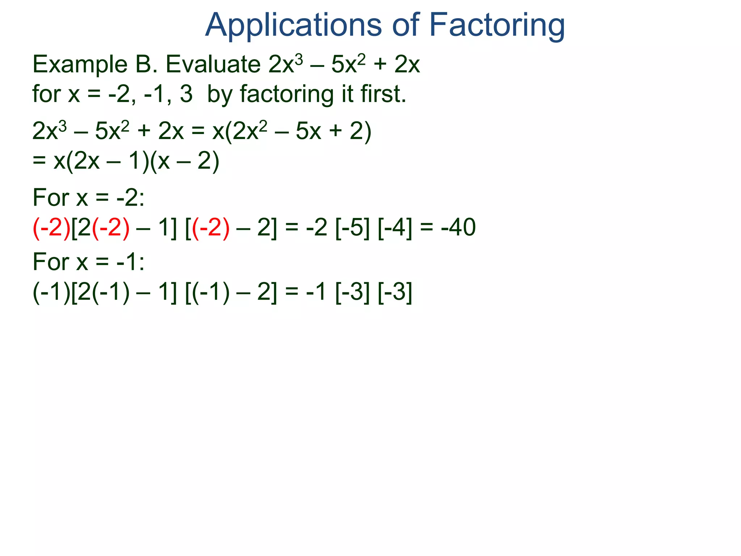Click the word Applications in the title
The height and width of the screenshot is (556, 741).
[x=293, y=25]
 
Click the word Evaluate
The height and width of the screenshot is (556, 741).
[x=213, y=64]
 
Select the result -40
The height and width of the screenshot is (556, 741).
[x=458, y=227]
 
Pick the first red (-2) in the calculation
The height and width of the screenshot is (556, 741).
[x=52, y=228]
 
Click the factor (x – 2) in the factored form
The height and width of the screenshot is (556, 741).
[x=185, y=161]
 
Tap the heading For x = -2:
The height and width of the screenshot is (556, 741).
[x=89, y=198]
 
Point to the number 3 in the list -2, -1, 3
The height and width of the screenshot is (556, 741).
[x=186, y=94]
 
